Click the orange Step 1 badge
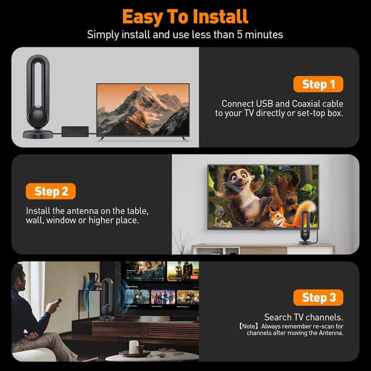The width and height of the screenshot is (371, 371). pos(318,84)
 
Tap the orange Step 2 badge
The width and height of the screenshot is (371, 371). pos(51,191)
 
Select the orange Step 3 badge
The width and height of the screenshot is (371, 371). pos(318,298)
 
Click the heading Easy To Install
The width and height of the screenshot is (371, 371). pos(185,16)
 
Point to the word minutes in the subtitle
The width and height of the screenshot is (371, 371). pos(263,35)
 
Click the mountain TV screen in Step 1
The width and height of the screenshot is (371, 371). pos(143,110)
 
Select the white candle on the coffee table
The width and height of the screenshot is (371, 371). pos(133,346)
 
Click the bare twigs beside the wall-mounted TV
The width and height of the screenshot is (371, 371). pos(184,239)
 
